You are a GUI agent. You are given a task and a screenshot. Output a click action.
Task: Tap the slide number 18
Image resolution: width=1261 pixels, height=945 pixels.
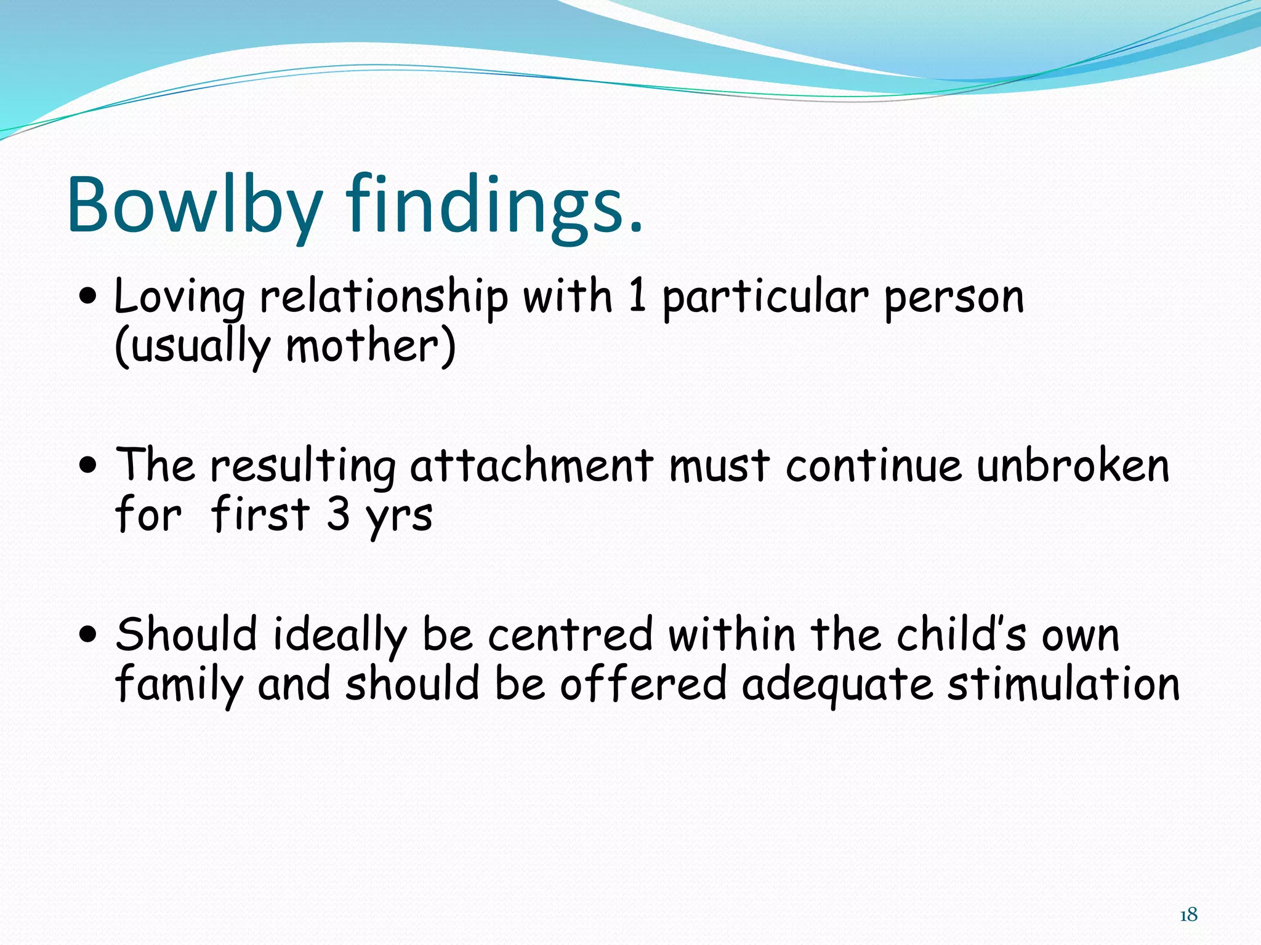[1188, 915]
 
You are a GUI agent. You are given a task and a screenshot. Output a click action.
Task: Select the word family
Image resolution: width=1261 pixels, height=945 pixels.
[179, 686]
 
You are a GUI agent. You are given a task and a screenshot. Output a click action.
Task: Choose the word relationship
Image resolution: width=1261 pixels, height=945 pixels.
[384, 298]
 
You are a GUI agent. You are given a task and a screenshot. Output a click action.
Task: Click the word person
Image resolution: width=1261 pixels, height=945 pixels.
[954, 298]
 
